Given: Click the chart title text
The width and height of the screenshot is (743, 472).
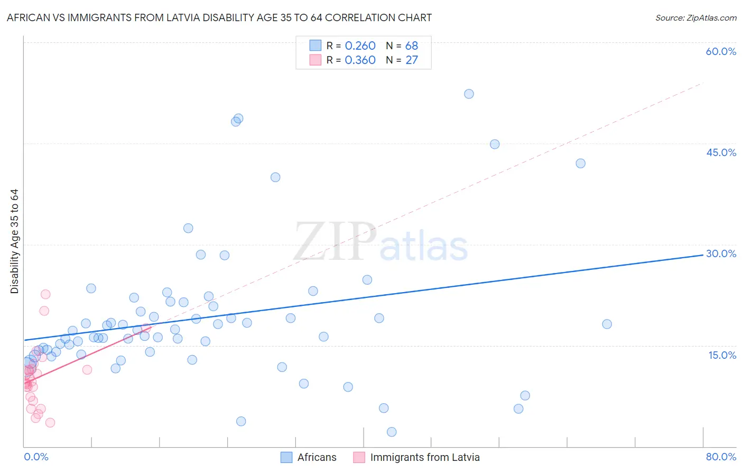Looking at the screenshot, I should pyautogui.click(x=219, y=17).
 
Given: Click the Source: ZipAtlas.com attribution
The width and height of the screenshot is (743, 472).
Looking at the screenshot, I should pyautogui.click(x=695, y=17).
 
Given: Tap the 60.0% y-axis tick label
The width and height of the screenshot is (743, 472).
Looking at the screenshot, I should pyautogui.click(x=721, y=51).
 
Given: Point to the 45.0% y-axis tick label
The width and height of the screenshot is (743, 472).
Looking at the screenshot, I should pyautogui.click(x=721, y=152).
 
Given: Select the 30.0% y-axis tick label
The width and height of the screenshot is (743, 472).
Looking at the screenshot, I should pyautogui.click(x=721, y=253).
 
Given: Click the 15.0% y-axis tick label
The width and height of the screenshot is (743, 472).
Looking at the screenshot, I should pyautogui.click(x=722, y=355).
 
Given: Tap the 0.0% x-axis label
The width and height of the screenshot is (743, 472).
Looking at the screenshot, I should pyautogui.click(x=36, y=457).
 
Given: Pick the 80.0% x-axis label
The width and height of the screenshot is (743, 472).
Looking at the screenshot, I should pyautogui.click(x=721, y=457).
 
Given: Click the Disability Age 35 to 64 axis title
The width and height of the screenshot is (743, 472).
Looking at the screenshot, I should pyautogui.click(x=14, y=241).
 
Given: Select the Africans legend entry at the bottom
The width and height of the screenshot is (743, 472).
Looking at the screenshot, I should pyautogui.click(x=309, y=457).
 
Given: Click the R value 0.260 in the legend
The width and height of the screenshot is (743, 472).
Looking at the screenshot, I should pyautogui.click(x=360, y=46).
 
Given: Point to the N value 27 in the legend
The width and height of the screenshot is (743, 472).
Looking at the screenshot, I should pyautogui.click(x=412, y=60).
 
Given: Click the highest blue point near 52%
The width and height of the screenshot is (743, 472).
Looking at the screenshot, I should pyautogui.click(x=469, y=94).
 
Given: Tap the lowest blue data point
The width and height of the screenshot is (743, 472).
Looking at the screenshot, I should pyautogui.click(x=392, y=432).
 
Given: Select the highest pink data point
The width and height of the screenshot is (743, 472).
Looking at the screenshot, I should pyautogui.click(x=45, y=294).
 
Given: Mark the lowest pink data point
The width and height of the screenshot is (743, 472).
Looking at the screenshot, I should pyautogui.click(x=50, y=422).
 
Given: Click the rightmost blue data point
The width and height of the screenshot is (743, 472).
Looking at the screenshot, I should pyautogui.click(x=607, y=324).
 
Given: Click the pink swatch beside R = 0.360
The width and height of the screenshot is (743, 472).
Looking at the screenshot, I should pyautogui.click(x=315, y=60).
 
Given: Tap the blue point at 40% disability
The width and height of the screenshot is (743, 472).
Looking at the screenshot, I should pyautogui.click(x=275, y=177).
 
